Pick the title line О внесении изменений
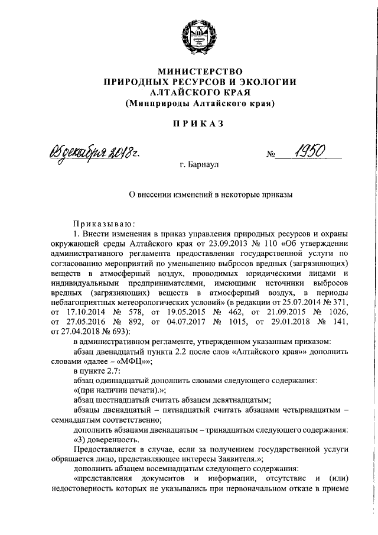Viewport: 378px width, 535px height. (x=211, y=193)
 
